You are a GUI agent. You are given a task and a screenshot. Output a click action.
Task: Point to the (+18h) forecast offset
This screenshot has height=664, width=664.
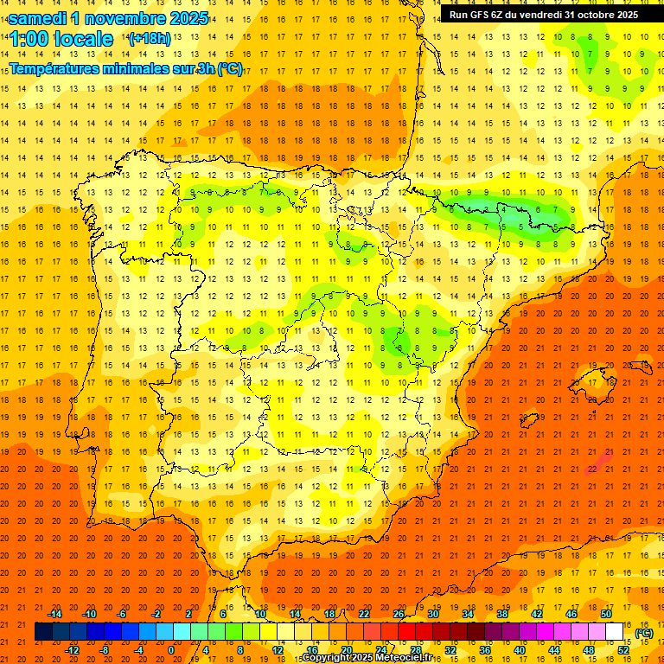tap(150, 39)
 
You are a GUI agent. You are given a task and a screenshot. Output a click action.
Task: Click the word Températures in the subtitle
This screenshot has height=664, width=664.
tap(58, 69)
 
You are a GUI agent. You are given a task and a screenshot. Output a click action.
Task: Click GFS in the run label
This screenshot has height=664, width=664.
tap(480, 15)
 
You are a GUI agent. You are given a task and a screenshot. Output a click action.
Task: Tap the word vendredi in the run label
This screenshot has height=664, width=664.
tap(534, 15)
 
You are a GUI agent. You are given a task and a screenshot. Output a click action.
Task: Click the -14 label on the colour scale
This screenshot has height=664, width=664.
tap(54, 614)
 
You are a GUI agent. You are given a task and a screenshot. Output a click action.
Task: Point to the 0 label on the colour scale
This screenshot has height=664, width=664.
tap(171, 650)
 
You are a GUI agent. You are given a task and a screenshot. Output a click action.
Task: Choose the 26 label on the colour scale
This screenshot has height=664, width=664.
tap(399, 614)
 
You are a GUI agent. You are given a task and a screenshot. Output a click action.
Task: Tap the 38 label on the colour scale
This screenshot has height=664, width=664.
tap(502, 614)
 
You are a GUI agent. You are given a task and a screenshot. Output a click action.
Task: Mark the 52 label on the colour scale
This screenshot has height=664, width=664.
tap(623, 650)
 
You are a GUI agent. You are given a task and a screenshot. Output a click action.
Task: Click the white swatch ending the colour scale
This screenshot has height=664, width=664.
tap(615, 632)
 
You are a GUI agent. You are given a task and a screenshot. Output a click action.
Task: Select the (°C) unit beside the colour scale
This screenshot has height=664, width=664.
tap(643, 633)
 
